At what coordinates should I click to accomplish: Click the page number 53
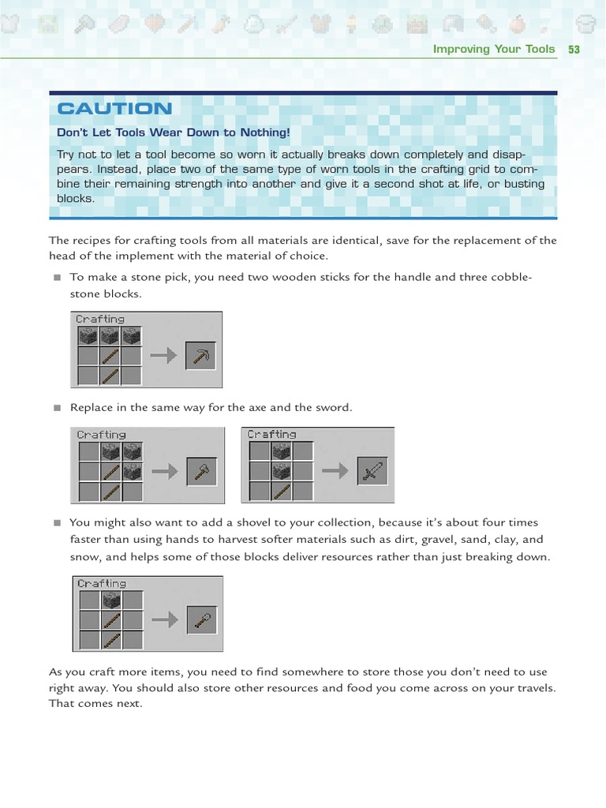pos(574,49)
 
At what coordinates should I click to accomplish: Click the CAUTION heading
pos(114,109)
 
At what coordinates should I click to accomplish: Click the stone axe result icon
pos(201,472)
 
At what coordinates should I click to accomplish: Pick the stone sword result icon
pos(371,472)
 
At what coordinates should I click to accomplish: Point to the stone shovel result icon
pos(202,620)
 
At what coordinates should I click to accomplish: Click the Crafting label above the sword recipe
pos(271,435)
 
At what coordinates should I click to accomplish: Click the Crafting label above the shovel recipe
pos(101,584)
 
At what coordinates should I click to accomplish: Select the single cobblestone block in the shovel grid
pos(110,600)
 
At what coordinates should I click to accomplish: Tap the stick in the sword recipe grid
pos(281,492)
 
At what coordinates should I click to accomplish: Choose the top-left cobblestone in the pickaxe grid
pos(88,336)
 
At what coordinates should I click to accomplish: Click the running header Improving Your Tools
pos(494,49)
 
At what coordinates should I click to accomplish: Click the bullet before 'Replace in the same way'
pos(57,408)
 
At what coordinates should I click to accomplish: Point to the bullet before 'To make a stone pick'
pos(57,278)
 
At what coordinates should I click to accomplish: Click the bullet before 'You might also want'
pos(57,522)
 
